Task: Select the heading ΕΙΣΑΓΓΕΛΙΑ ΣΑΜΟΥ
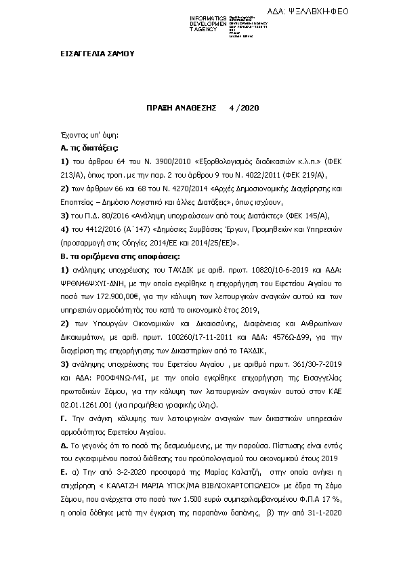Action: [97, 54]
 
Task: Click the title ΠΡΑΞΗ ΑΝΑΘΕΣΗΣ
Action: [181, 108]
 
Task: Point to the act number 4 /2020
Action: [245, 108]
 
